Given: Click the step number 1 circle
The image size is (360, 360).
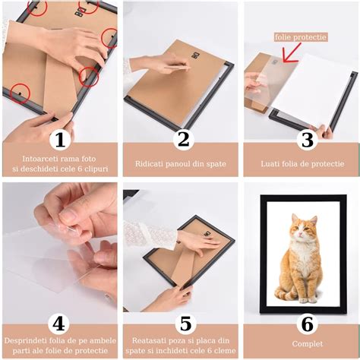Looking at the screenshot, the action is pos(60,140).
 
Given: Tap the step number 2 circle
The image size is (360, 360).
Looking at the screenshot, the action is pos(184,140).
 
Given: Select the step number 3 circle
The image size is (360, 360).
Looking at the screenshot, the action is pos(308,140).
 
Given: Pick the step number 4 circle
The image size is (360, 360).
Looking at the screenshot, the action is pos(59,324).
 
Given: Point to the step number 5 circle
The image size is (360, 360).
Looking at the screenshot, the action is pos(185,324).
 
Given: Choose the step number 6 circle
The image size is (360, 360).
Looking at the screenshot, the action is pos(308,324).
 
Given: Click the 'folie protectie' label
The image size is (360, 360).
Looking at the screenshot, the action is pos(301,37).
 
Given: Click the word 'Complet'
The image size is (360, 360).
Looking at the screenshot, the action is pos(308,344).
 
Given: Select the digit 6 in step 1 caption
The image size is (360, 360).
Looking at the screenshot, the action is pos(79,169).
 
